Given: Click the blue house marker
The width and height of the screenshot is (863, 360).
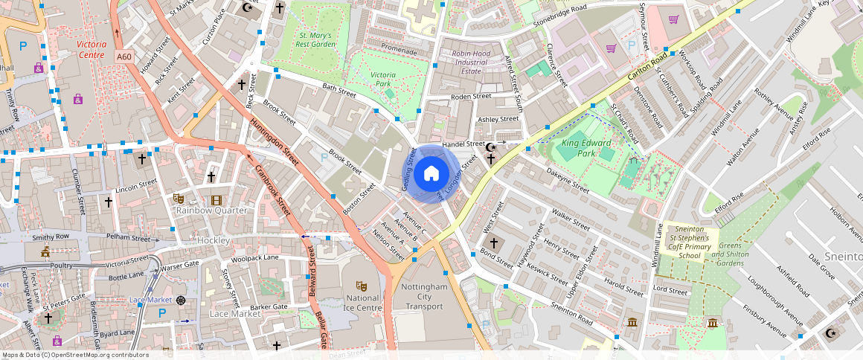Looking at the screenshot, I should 431,174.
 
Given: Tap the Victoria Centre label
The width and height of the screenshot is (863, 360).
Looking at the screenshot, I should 91,50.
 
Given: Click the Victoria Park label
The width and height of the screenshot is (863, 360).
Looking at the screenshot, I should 383,80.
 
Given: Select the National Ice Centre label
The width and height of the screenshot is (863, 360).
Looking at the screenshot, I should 362,303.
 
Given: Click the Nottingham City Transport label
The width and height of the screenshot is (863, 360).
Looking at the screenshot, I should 424,296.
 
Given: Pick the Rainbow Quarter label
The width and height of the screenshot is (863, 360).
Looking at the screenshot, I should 211,210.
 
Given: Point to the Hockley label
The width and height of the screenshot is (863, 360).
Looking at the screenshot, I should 213,241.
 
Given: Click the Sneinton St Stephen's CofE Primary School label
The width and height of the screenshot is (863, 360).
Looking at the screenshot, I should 690,242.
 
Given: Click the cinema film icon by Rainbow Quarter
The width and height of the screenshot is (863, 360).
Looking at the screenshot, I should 216,199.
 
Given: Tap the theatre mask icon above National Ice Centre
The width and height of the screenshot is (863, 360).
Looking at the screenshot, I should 362,286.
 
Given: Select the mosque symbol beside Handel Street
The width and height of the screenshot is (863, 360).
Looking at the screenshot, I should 490,147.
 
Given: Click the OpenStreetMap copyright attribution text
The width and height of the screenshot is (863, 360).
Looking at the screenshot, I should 75,355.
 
